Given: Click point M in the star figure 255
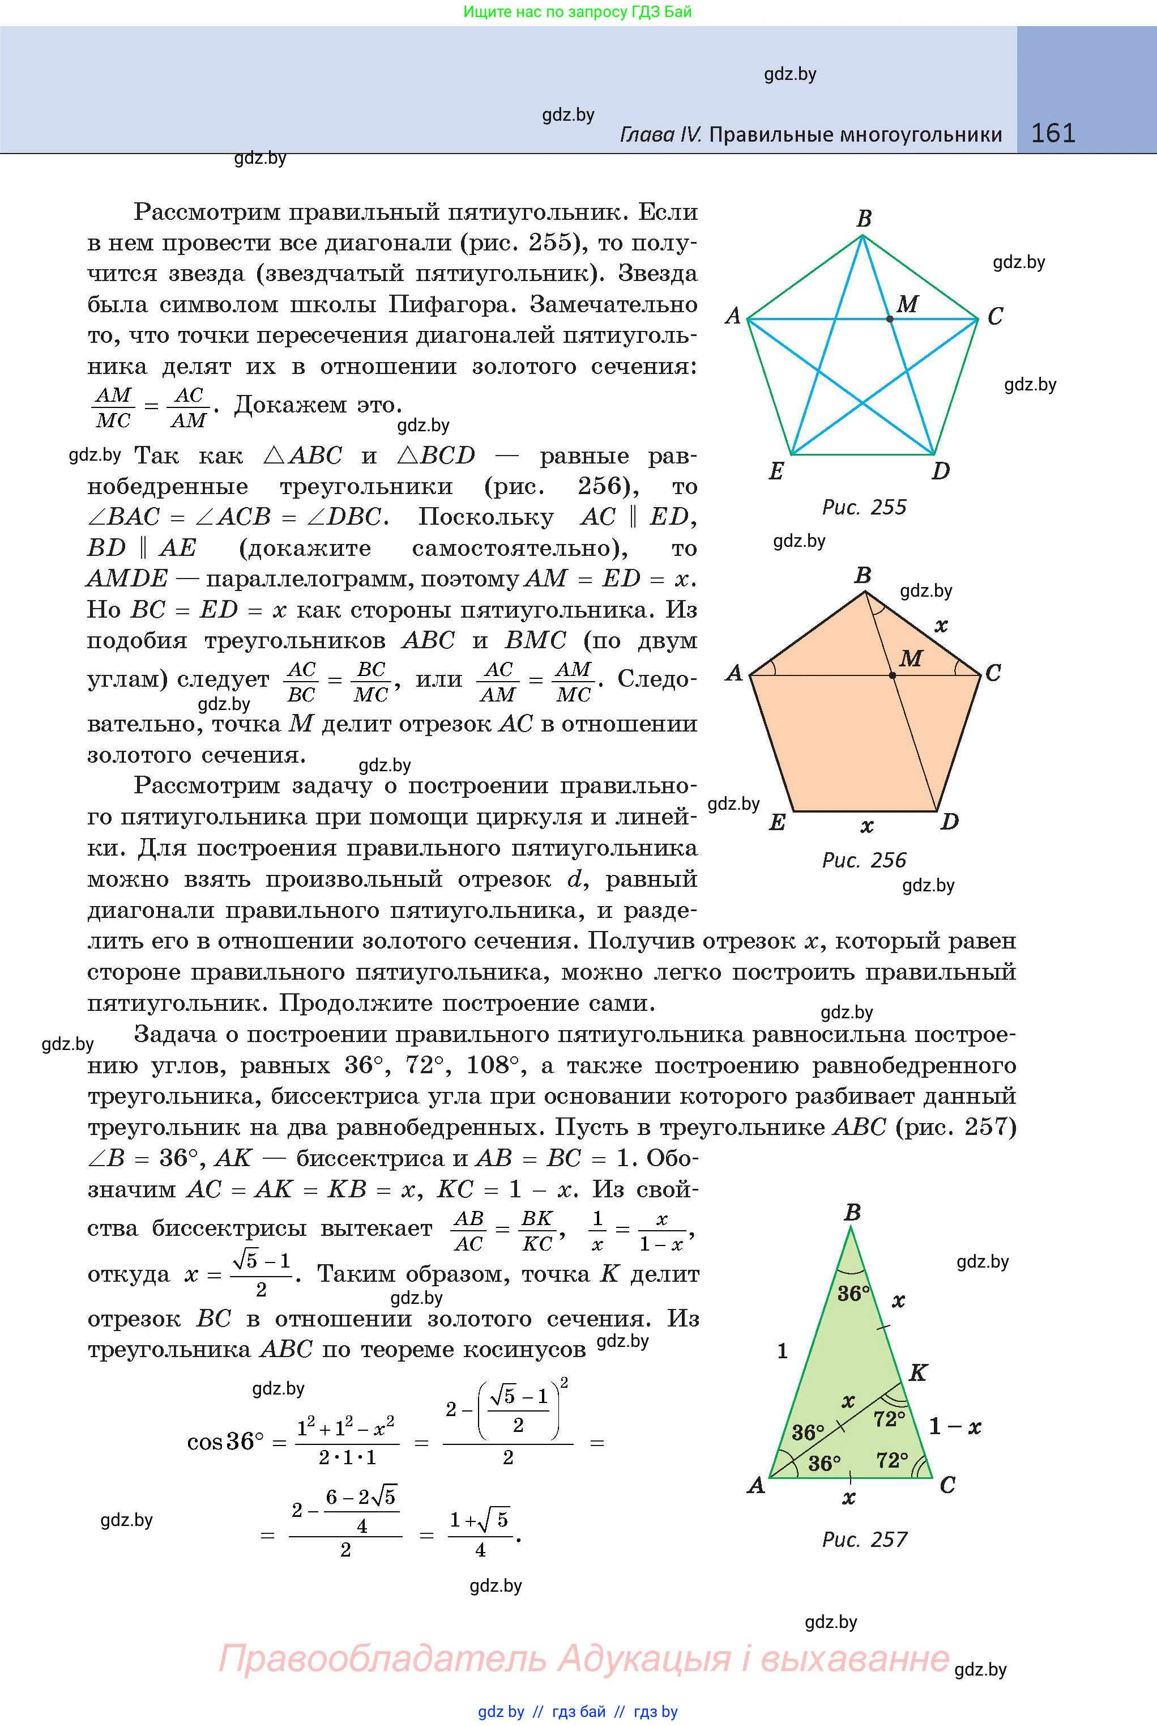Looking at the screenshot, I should tap(890, 319).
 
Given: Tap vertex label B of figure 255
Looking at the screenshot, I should tap(864, 219).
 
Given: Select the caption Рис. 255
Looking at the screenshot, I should tap(864, 507).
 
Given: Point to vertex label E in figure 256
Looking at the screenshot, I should tap(777, 822).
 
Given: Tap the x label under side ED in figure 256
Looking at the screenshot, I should tap(867, 826).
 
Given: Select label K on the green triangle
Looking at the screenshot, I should tap(918, 1372).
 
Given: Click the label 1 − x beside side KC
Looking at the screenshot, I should tap(955, 1426).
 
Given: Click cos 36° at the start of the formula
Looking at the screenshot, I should tap(225, 1441).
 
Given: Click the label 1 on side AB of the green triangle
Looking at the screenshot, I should tap(782, 1351).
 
